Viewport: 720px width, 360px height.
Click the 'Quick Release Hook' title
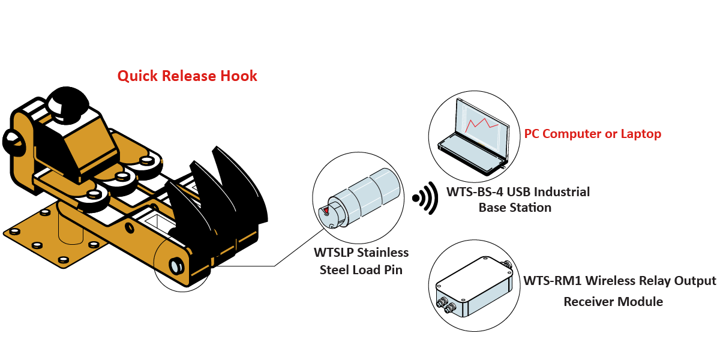coord(187,76)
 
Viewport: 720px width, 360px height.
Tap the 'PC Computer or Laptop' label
coord(593,134)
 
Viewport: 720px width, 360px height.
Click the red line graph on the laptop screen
coord(483,125)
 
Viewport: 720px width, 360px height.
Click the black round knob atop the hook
coord(67,103)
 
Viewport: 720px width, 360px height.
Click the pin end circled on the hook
coord(176,266)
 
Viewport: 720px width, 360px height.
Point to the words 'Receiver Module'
coord(613,301)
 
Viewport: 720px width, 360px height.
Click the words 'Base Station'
coord(515,208)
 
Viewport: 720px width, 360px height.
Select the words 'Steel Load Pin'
coord(361,269)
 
